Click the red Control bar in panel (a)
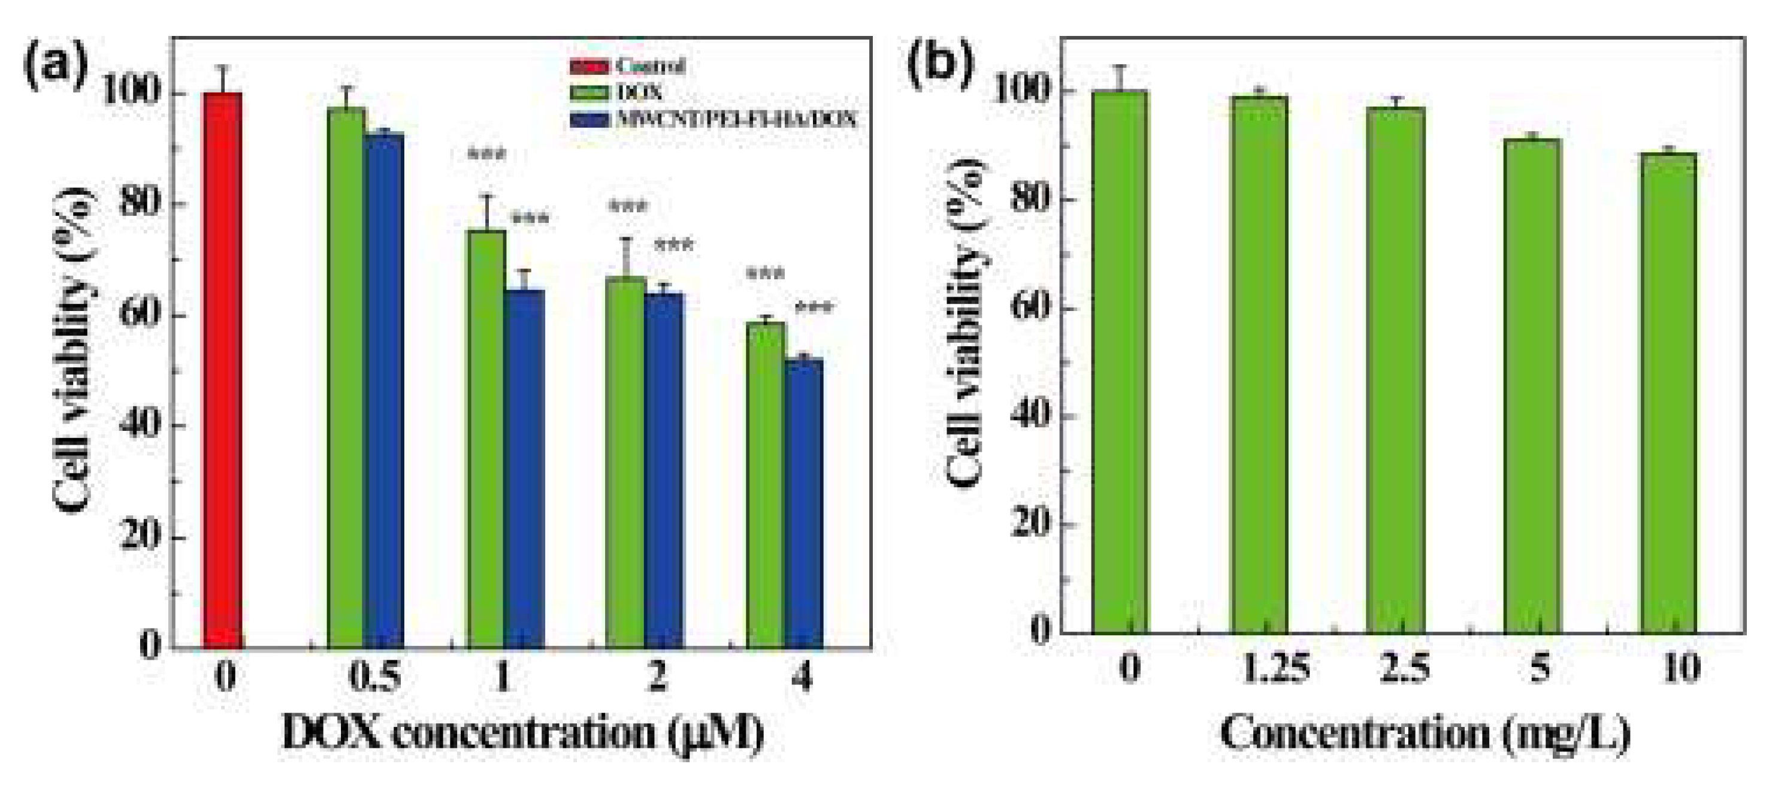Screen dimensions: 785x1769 click(x=221, y=371)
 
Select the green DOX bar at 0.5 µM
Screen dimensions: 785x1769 click(x=346, y=378)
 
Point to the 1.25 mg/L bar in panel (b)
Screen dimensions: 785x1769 click(x=1259, y=364)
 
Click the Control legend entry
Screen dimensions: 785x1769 click(x=649, y=66)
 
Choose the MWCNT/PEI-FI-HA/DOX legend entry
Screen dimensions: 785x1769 click(x=735, y=119)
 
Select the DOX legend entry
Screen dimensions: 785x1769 click(x=639, y=92)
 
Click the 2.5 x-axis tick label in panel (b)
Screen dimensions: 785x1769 click(x=1405, y=668)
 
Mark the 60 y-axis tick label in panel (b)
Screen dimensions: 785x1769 click(x=1032, y=306)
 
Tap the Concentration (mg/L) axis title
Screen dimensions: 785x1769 click(x=1425, y=734)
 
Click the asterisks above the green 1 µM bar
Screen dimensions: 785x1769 click(x=487, y=155)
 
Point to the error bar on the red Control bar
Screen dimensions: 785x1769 click(x=221, y=78)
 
